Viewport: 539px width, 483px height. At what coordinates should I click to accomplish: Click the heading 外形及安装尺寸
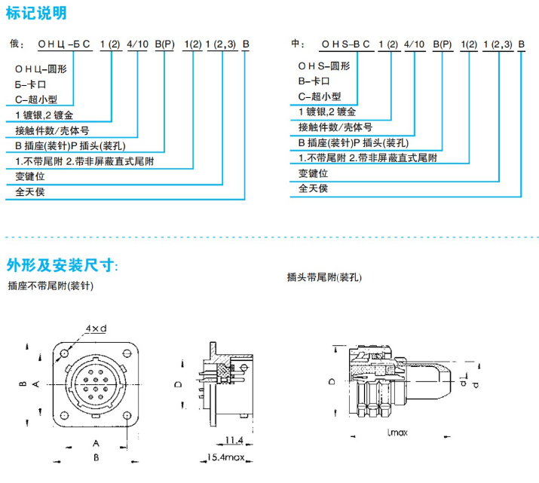coord(62,265)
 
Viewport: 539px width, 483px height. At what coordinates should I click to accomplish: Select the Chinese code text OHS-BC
coord(346,44)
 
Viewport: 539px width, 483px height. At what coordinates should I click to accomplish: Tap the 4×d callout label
coord(96,329)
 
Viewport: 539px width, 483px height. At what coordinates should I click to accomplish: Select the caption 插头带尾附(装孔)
coord(325,277)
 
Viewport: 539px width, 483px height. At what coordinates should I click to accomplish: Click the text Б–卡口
coord(31,84)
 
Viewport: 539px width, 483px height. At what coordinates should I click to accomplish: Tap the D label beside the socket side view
coord(178,384)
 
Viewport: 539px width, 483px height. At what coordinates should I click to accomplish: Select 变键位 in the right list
coord(313,173)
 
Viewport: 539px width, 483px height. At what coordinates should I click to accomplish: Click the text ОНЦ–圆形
coord(41,68)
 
